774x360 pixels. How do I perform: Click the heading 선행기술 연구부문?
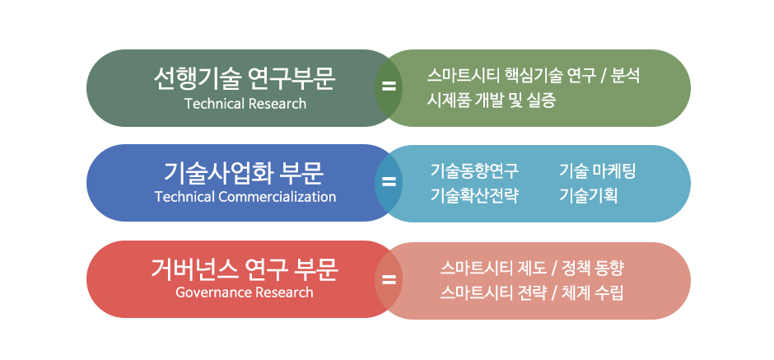click(x=245, y=79)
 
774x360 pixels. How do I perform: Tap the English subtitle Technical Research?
click(x=245, y=104)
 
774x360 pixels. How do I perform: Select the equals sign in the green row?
click(x=389, y=87)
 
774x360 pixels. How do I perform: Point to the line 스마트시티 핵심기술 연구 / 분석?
click(x=533, y=76)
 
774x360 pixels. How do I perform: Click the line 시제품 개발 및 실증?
click(x=491, y=101)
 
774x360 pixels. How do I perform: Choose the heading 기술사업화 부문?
click(x=244, y=173)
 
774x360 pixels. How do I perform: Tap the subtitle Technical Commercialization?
click(x=245, y=197)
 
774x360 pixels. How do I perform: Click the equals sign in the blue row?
click(x=389, y=182)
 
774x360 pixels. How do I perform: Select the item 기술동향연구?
click(x=474, y=171)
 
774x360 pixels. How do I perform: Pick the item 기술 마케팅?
click(x=597, y=171)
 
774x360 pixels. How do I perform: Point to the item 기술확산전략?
click(x=474, y=195)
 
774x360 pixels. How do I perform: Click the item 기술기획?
click(x=589, y=195)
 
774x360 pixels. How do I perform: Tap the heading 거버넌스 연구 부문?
click(x=245, y=269)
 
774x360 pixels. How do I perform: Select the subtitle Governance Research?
click(x=245, y=292)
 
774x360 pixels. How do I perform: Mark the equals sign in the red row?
click(x=389, y=280)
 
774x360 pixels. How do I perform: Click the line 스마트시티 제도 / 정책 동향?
click(x=532, y=269)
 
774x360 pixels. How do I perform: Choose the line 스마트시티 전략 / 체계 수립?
click(x=532, y=292)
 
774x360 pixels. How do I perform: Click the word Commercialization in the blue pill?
click(x=277, y=197)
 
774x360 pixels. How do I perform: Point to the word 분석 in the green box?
click(x=626, y=76)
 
